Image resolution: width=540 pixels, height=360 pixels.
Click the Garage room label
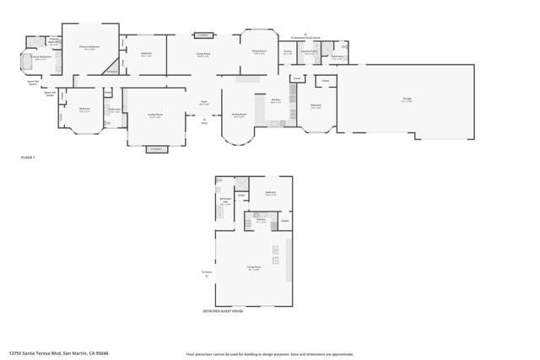click(x=407, y=99)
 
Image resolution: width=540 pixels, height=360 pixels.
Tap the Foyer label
click(x=204, y=102)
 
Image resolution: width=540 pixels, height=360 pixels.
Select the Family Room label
click(x=155, y=116)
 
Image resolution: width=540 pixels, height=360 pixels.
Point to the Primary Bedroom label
click(x=89, y=47)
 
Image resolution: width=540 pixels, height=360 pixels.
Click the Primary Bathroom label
click(x=40, y=58)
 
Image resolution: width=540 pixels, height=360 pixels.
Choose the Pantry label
click(x=288, y=52)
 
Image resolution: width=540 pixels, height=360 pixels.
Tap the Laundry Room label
click(x=310, y=52)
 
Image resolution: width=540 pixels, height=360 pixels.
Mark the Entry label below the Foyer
click(x=205, y=123)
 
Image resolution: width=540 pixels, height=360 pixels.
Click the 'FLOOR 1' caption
click(x=28, y=158)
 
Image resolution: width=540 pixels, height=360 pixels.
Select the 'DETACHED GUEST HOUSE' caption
click(x=224, y=311)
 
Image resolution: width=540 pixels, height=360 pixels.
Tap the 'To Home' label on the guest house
click(x=207, y=271)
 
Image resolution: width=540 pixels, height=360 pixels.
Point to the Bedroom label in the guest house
click(x=271, y=193)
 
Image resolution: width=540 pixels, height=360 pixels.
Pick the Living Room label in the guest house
click(x=253, y=267)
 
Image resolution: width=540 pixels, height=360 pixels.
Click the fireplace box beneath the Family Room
click(x=155, y=148)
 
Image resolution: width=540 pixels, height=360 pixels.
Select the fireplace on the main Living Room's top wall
click(x=203, y=35)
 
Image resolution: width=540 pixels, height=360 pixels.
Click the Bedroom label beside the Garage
click(x=316, y=106)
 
